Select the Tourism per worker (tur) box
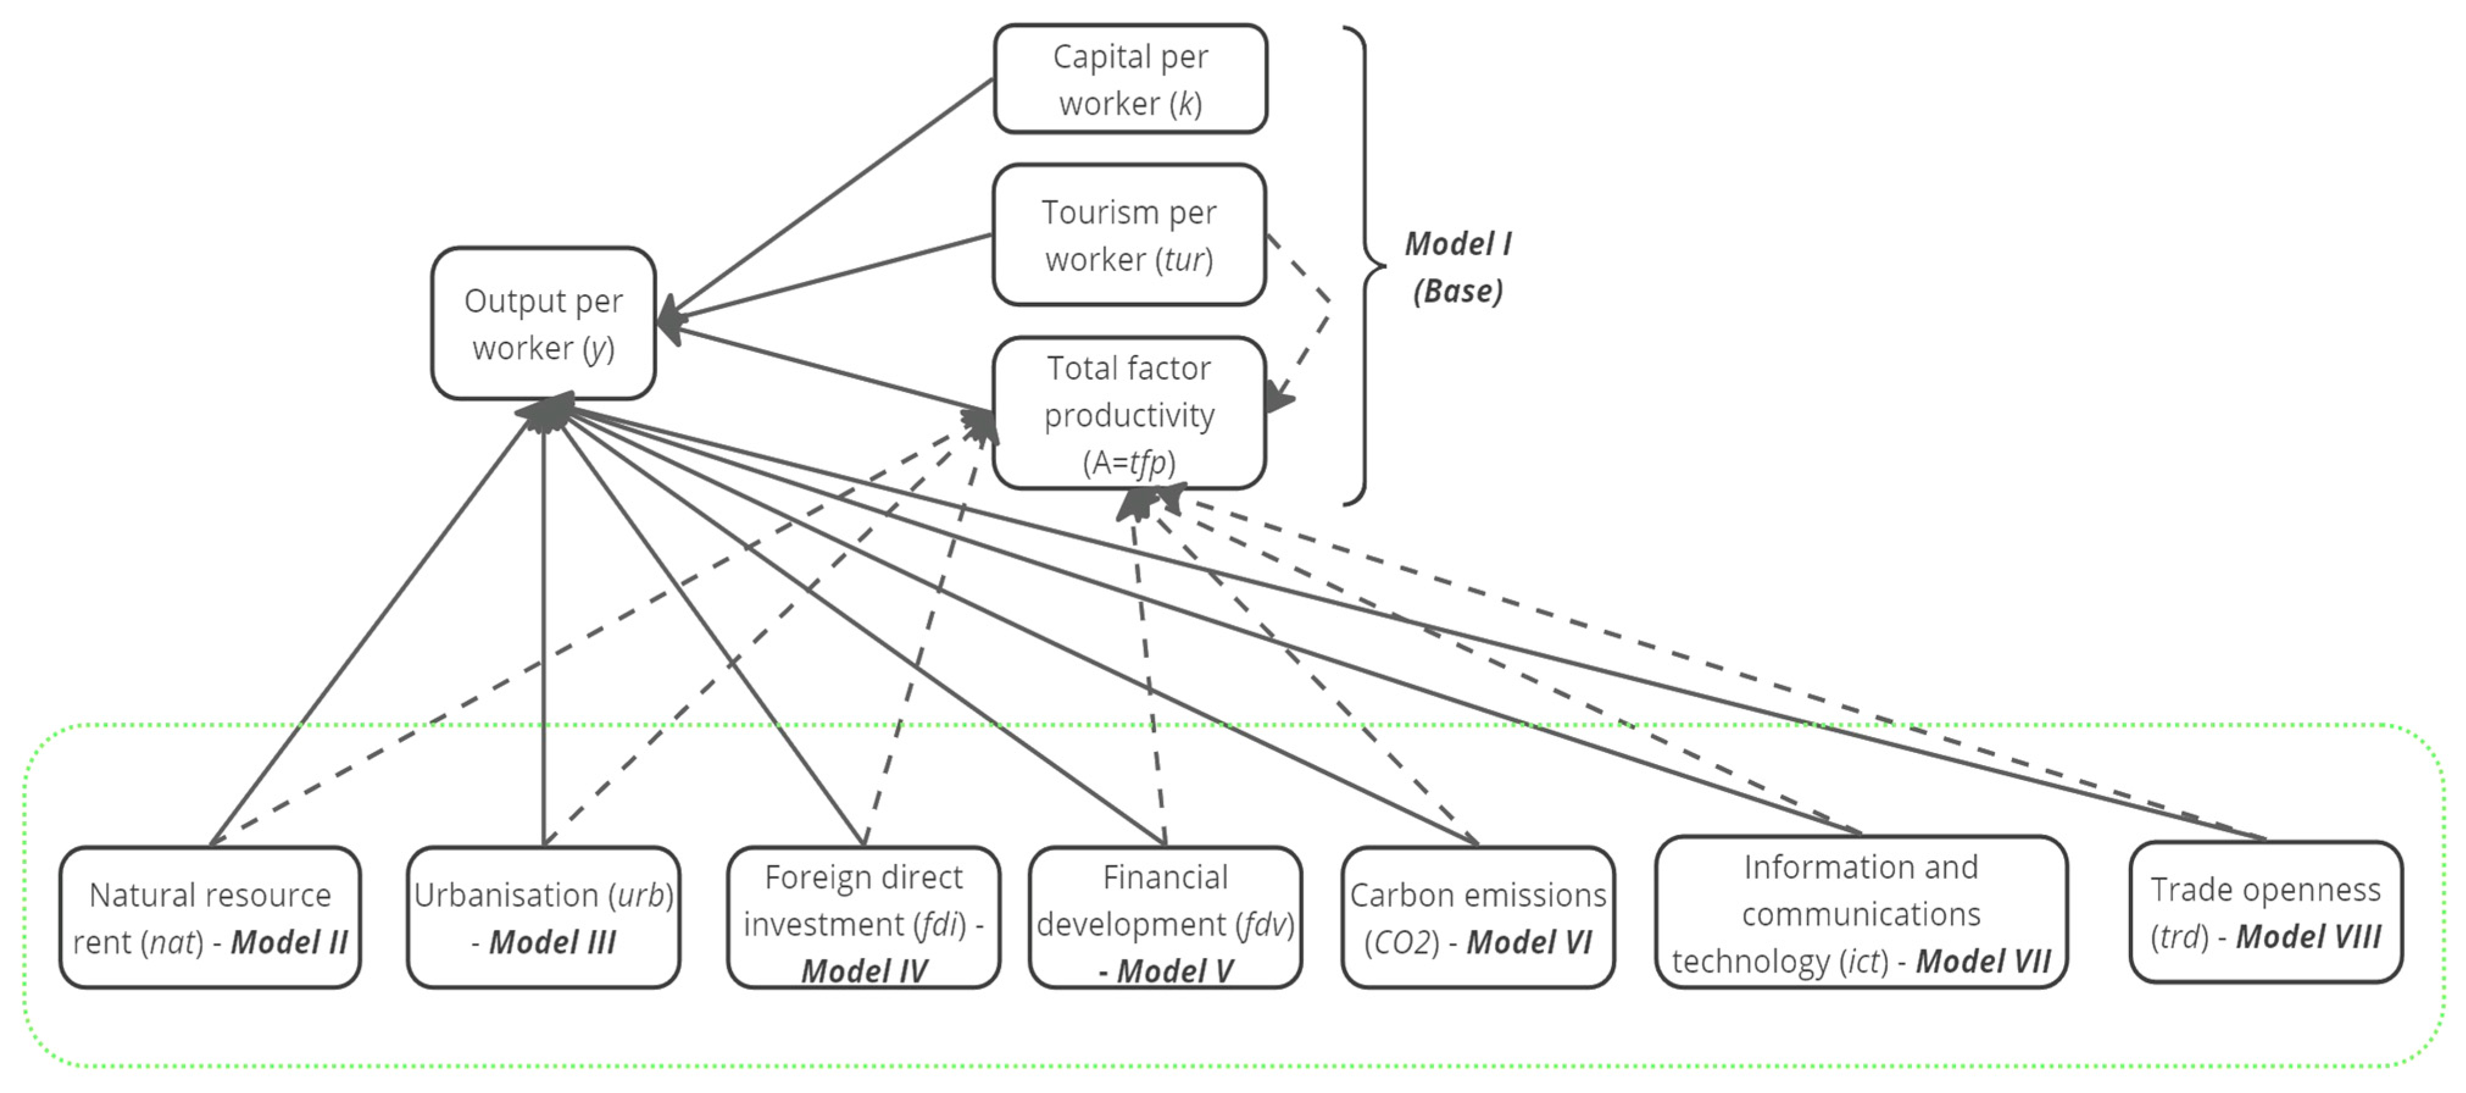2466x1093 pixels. (1129, 235)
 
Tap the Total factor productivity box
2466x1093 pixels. (1129, 414)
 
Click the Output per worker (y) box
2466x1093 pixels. (543, 324)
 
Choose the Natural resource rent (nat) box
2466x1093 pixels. (210, 917)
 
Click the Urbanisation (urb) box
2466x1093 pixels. (543, 917)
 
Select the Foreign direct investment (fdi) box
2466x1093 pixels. (864, 917)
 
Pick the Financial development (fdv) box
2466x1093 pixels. (1165, 917)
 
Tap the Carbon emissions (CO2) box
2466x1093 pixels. (1477, 917)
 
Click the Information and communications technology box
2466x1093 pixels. (1860, 912)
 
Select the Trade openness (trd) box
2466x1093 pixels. (2265, 912)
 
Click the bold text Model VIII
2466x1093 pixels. (2308, 936)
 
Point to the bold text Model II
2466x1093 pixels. (289, 942)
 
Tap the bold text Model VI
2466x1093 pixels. (1529, 942)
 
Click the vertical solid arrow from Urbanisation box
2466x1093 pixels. (543, 622)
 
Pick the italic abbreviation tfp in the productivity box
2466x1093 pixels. (1147, 462)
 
